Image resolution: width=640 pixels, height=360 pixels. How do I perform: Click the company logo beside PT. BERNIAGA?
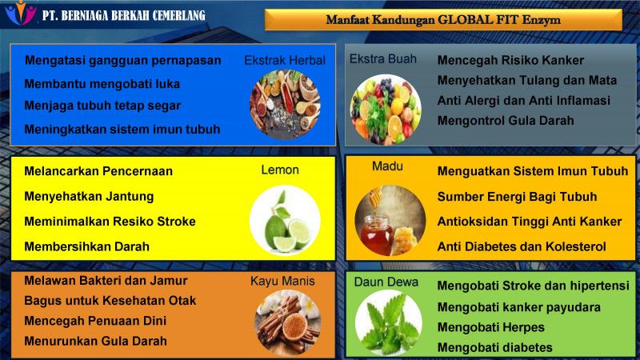tap(21, 13)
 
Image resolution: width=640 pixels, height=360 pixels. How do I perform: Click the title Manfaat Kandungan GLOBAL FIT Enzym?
tap(443, 19)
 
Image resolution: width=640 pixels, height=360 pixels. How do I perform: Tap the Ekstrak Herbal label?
tap(285, 61)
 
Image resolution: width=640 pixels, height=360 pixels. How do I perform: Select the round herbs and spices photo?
tap(285, 105)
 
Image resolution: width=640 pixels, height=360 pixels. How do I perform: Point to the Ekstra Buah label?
tap(383, 58)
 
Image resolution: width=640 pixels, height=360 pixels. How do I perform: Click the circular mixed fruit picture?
tap(386, 110)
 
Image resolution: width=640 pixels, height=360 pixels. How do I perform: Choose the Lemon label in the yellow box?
tap(280, 170)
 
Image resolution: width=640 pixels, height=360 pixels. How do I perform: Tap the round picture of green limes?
tap(285, 221)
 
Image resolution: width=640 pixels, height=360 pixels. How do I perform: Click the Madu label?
tap(387, 166)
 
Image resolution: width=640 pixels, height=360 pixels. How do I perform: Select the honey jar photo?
tap(390, 221)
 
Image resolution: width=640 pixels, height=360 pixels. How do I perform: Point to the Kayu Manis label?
tap(282, 281)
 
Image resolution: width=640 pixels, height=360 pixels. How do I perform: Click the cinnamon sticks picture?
tap(287, 322)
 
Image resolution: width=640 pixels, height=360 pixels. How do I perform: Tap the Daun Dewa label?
tap(386, 282)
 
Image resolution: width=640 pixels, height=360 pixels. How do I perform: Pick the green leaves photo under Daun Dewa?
tap(388, 323)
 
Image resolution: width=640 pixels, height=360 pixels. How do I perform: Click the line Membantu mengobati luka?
tap(102, 84)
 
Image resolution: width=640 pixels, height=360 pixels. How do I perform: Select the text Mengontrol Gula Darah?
tap(506, 121)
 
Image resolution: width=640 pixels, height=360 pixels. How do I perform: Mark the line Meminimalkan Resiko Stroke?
tap(110, 222)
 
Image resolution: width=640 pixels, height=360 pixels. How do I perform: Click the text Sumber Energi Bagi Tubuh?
tap(517, 197)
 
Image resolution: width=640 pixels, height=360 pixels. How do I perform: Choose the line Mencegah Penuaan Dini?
tap(95, 321)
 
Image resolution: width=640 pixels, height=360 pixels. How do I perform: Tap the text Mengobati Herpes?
tap(490, 327)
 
